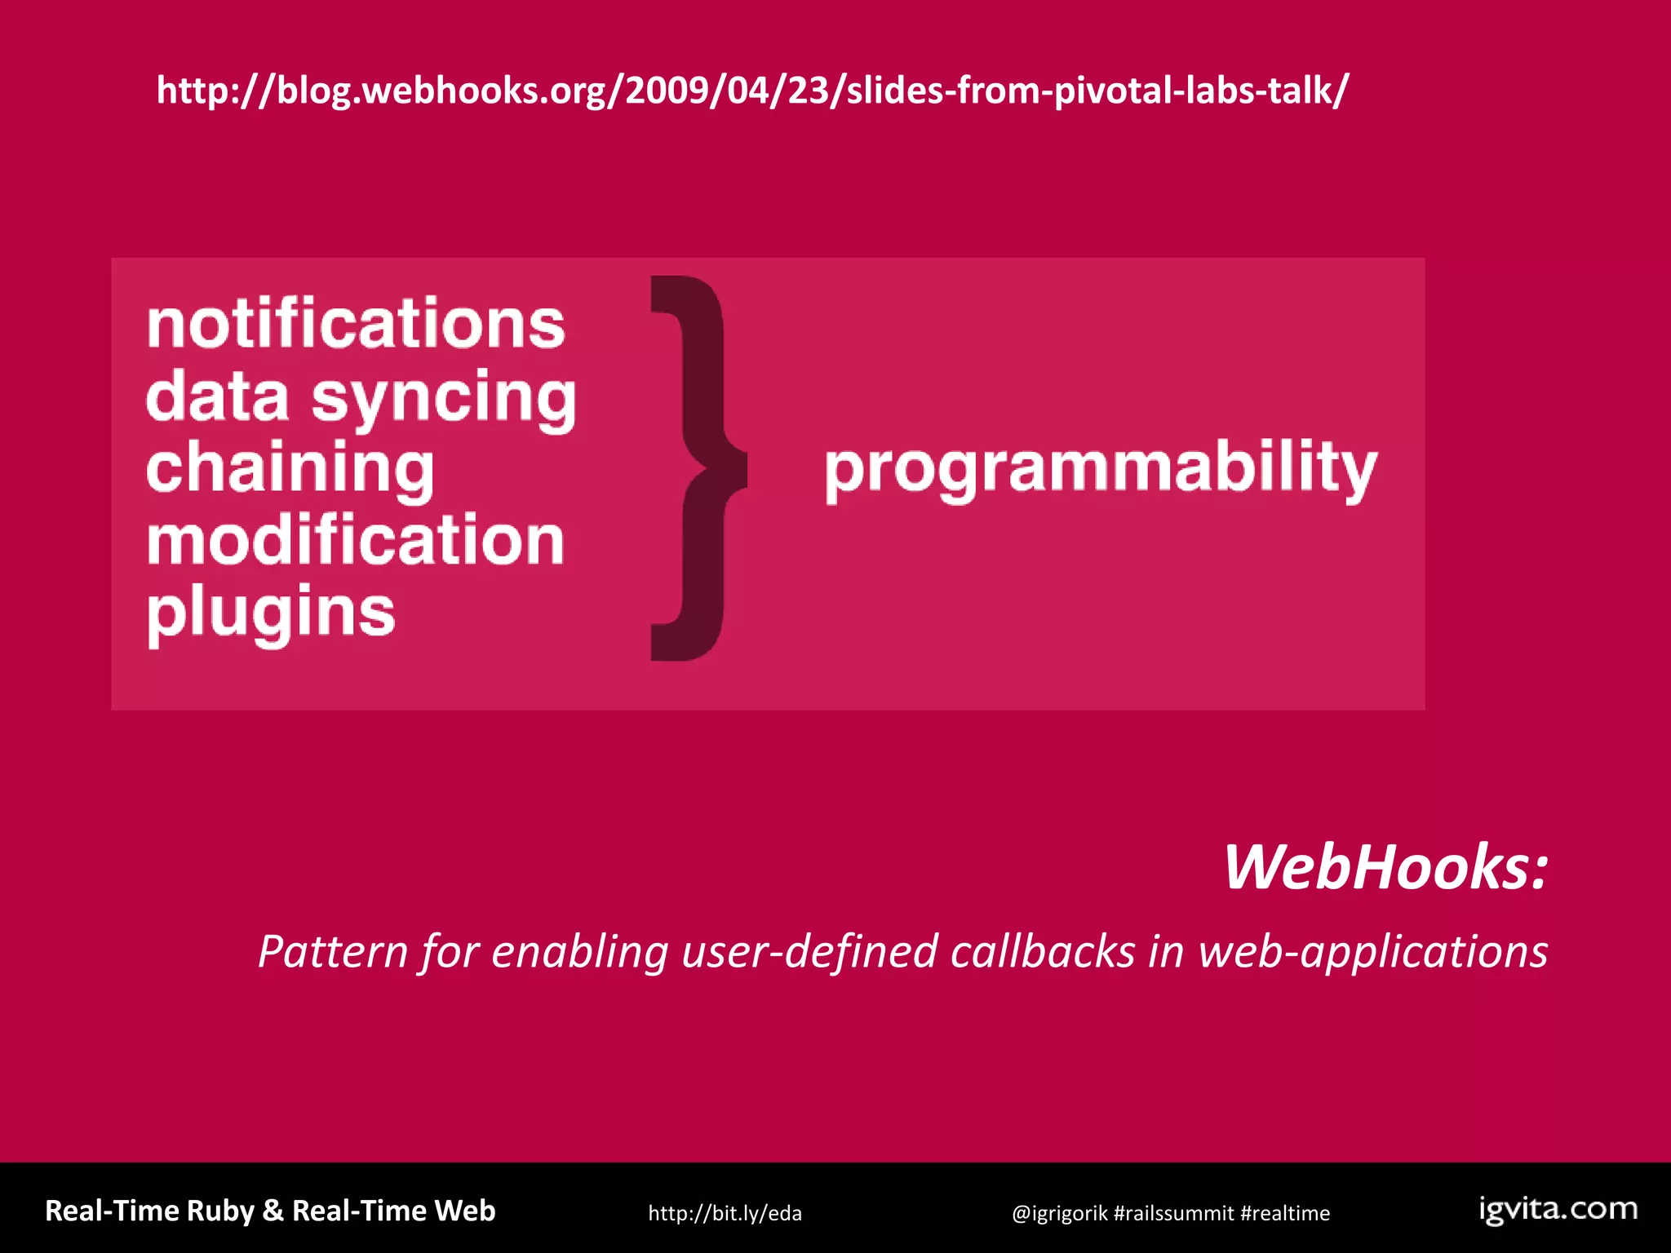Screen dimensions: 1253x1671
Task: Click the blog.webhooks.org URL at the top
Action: [x=752, y=91]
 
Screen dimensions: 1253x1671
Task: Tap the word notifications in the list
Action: [x=356, y=324]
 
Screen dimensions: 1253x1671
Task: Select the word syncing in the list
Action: [x=444, y=399]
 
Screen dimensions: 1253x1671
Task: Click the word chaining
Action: [x=290, y=470]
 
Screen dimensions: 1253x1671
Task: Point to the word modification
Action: [x=356, y=540]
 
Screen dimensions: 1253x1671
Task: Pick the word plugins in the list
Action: [x=271, y=612]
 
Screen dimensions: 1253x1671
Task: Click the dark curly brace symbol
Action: [x=697, y=468]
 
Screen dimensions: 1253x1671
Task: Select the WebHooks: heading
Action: [x=1385, y=867]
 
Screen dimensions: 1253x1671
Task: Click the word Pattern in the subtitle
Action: [x=333, y=952]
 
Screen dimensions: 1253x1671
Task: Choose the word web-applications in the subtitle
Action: [x=1372, y=952]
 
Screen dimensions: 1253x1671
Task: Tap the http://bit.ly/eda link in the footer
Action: [x=725, y=1213]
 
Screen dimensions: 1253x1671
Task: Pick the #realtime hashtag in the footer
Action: [x=1285, y=1213]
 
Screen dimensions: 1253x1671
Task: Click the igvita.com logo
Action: [x=1558, y=1209]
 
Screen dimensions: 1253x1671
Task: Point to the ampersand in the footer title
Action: [x=273, y=1211]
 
